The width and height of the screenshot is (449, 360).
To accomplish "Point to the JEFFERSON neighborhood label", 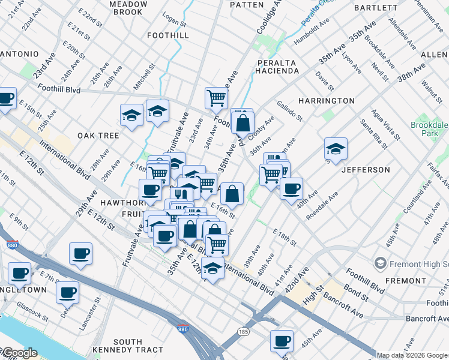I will [x=365, y=170].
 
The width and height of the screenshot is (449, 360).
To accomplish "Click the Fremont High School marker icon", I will [x=379, y=263].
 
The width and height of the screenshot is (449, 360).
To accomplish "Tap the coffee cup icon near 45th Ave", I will [x=282, y=341].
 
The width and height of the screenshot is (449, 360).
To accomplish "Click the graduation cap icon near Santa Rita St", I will [x=336, y=149].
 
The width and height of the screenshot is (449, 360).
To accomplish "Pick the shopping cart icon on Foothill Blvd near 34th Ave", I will [x=216, y=97].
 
